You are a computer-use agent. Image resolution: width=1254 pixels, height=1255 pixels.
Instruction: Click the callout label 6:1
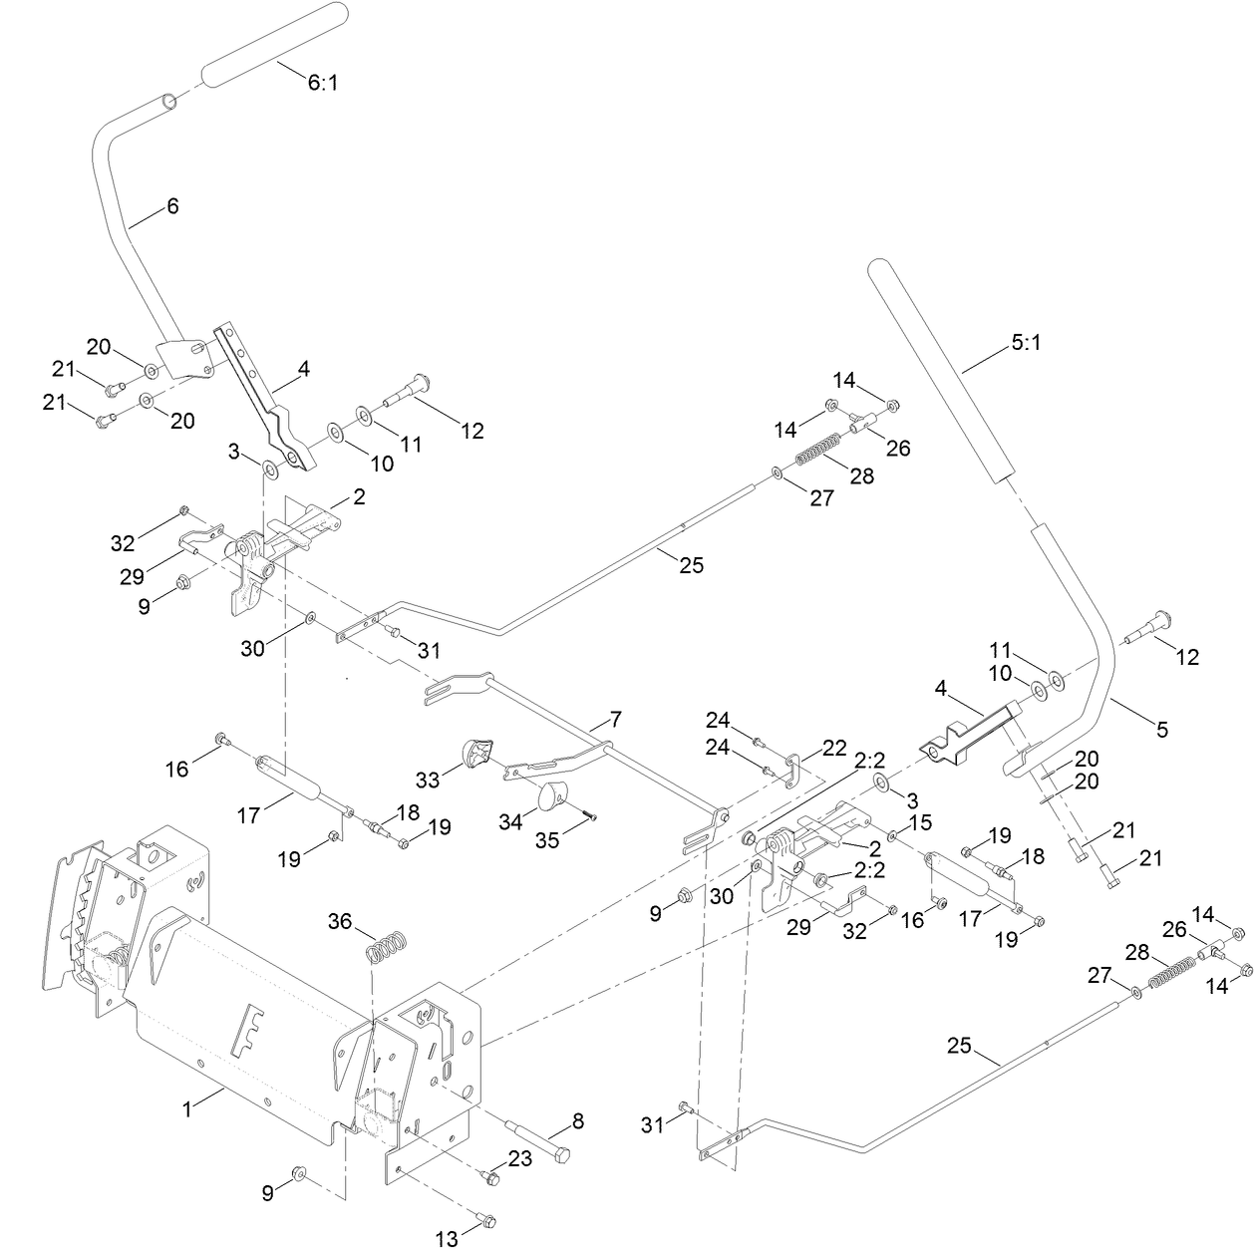322,83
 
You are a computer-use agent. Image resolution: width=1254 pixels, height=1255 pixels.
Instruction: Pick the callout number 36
340,922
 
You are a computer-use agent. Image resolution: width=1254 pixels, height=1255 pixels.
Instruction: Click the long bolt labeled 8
539,1141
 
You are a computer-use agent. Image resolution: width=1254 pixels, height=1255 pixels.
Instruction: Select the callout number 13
447,1239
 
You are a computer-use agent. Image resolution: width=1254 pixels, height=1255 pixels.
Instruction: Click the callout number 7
614,719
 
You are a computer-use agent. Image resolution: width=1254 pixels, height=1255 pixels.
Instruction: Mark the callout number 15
920,822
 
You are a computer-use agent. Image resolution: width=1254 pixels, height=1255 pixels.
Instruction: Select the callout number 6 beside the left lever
172,206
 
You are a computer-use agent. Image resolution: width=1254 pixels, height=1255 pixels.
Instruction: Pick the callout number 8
579,1122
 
